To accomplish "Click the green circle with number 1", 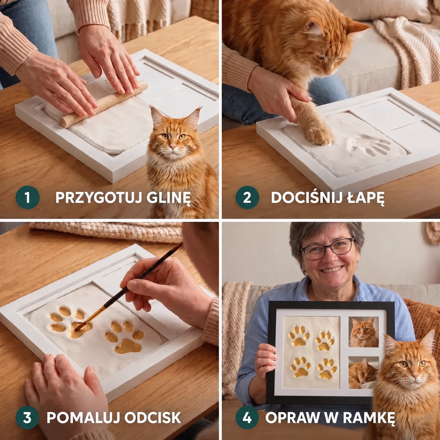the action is (27, 197).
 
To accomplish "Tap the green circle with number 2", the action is (247, 197).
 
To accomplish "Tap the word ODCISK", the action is (153, 418).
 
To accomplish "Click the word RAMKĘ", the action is (369, 418).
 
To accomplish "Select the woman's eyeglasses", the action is (327, 249).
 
